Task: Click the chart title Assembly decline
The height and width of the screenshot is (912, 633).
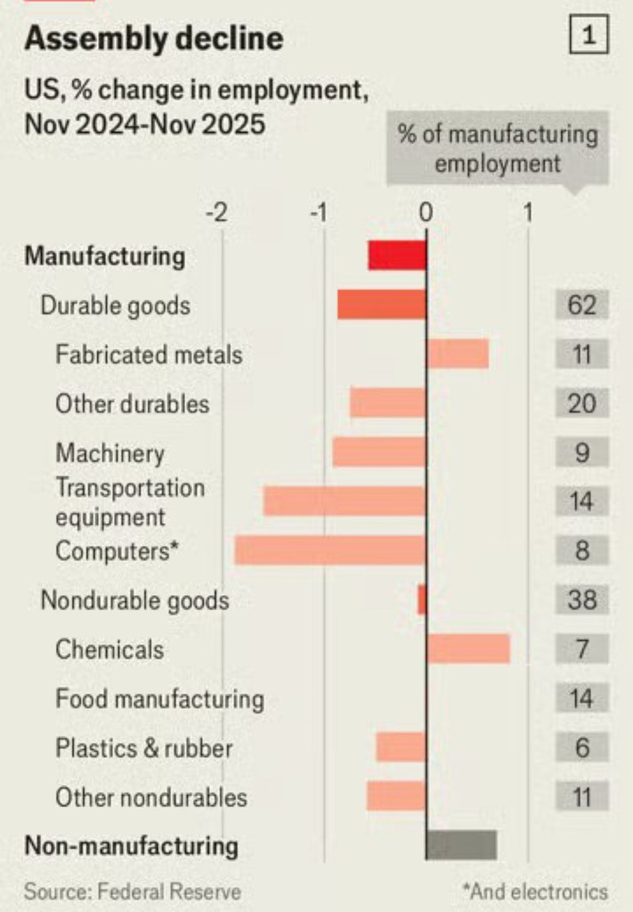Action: (154, 38)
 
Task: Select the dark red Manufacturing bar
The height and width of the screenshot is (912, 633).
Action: (397, 256)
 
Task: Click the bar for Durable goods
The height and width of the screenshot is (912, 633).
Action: (381, 305)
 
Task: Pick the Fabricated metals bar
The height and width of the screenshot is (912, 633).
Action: (458, 354)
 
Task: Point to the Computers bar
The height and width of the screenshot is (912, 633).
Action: (330, 550)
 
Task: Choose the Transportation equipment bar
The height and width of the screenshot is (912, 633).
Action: (345, 501)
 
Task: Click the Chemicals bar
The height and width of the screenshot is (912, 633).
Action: (468, 648)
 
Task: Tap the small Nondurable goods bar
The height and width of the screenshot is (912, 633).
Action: (422, 600)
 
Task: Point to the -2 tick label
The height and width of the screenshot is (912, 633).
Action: (215, 213)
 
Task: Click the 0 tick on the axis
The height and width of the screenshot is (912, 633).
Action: (426, 213)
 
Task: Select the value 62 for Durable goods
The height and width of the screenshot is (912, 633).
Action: (581, 305)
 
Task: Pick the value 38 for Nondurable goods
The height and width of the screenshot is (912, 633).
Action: (581, 600)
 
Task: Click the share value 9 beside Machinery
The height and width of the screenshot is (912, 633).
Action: (581, 452)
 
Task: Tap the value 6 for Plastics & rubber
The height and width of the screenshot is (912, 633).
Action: (581, 746)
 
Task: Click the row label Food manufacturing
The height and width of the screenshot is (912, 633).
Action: (159, 698)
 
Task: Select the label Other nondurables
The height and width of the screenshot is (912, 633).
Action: (151, 796)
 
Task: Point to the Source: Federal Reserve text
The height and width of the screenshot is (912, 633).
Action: (132, 891)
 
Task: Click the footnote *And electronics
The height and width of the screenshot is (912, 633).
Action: (534, 891)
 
